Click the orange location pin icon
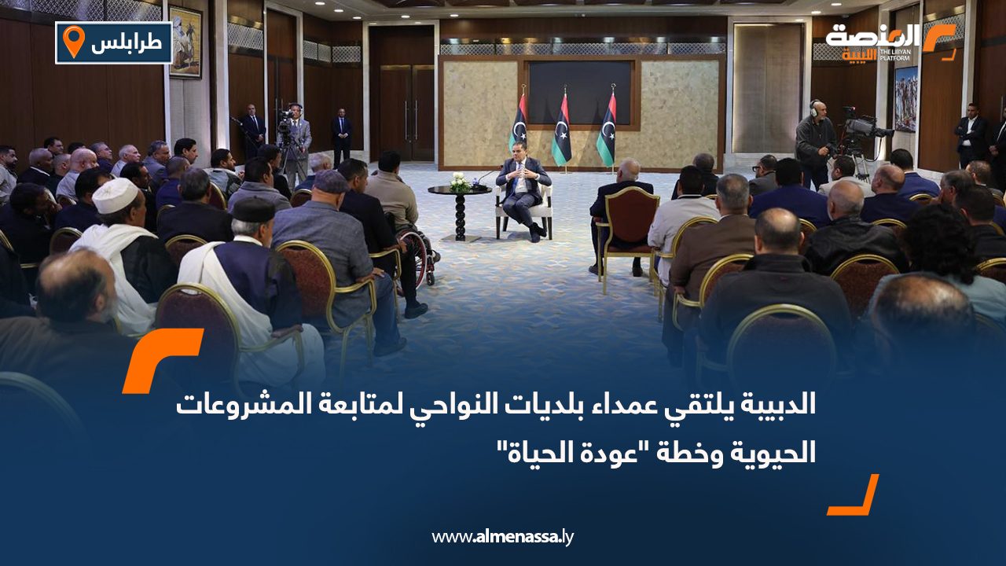click(x=73, y=42)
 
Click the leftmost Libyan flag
click(x=518, y=126)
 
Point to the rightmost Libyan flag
click(x=607, y=130)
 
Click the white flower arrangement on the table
click(x=460, y=182)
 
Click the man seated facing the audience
click(x=523, y=193)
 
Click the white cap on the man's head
click(x=116, y=195)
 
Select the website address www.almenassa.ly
click(x=503, y=537)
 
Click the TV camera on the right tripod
click(x=861, y=126)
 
